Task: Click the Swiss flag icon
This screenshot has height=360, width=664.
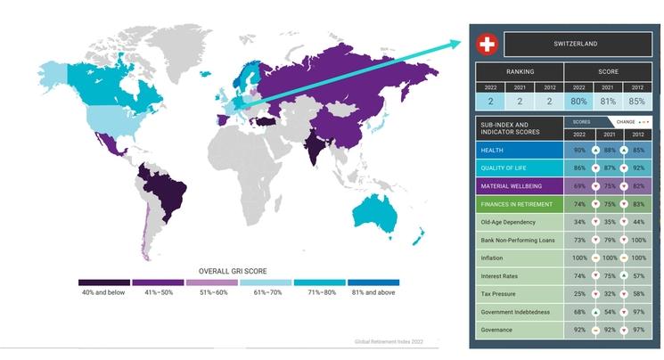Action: (x=487, y=44)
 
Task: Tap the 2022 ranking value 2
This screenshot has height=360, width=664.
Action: (x=490, y=101)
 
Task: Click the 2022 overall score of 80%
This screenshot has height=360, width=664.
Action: (x=579, y=101)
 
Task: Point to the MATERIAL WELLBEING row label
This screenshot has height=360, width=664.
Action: (x=511, y=185)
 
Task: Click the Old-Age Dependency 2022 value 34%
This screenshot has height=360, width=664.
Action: (x=579, y=222)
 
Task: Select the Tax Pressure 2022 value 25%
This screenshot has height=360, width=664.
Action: (x=579, y=294)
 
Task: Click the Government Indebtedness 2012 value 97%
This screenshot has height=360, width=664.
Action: (x=638, y=312)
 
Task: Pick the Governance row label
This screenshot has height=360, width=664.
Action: (x=498, y=330)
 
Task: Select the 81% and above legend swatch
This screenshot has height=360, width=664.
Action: (x=373, y=282)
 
